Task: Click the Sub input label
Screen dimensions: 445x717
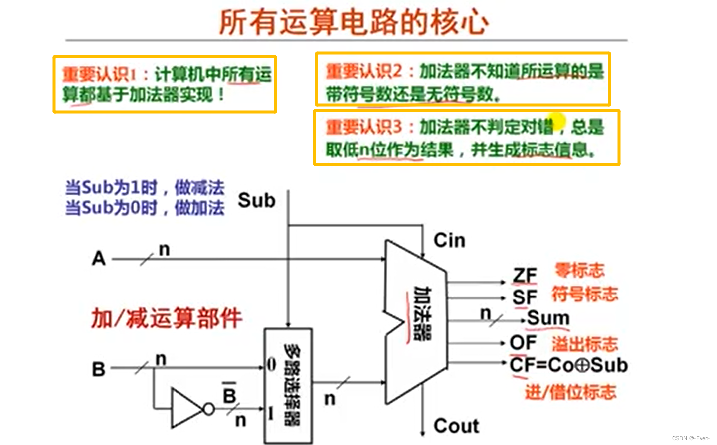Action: (256, 200)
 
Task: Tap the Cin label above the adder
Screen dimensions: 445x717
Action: (449, 240)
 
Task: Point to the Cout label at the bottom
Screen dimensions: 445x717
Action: (456, 426)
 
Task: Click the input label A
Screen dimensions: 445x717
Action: (99, 258)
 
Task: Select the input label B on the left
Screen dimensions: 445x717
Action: (98, 369)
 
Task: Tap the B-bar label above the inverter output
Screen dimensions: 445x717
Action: (229, 395)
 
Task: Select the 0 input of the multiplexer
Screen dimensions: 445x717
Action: (271, 364)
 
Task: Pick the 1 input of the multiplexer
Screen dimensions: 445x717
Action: (271, 413)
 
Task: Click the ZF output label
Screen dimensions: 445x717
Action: (525, 276)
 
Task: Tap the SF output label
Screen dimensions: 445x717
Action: (525, 297)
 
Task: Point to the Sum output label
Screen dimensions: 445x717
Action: (547, 318)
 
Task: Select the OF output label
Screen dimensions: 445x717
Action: (523, 343)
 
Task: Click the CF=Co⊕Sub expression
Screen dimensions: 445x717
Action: (568, 365)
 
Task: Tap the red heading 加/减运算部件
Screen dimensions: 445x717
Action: (167, 318)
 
